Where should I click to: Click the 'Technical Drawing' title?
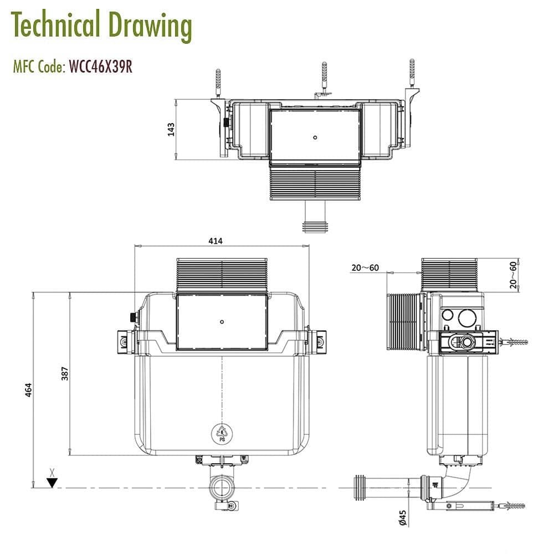tap(101, 25)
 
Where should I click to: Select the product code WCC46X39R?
tap(100, 67)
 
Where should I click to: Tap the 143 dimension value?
tap(171, 129)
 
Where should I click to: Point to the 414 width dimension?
tap(216, 241)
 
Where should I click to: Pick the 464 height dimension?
tap(28, 390)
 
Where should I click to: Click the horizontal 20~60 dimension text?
tap(365, 268)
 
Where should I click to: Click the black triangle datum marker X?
tap(52, 482)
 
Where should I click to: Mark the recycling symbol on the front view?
tap(222, 433)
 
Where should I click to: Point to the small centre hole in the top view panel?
tap(315, 136)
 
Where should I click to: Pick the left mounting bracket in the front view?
tap(126, 340)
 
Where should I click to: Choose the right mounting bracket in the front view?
tap(318, 340)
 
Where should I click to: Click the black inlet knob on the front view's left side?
tap(132, 317)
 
